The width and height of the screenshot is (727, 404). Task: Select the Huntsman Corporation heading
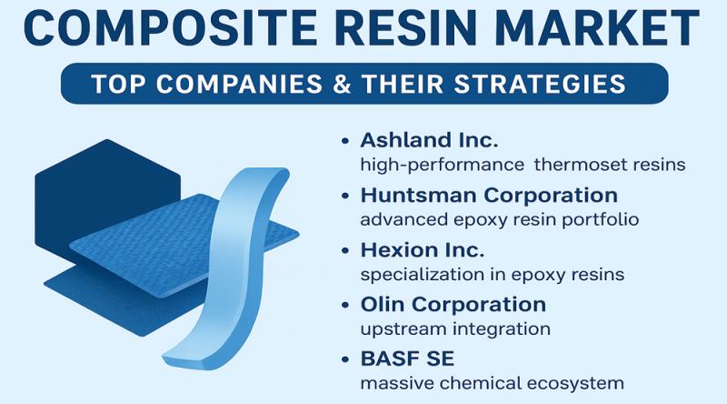pos(489,195)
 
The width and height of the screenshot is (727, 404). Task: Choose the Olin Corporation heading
pos(453,304)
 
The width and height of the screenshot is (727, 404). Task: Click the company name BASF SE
pos(401,358)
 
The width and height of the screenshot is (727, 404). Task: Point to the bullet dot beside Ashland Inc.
pos(344,142)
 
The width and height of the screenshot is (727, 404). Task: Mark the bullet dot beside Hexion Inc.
pos(344,250)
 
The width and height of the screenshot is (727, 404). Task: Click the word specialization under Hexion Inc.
pos(412,274)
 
